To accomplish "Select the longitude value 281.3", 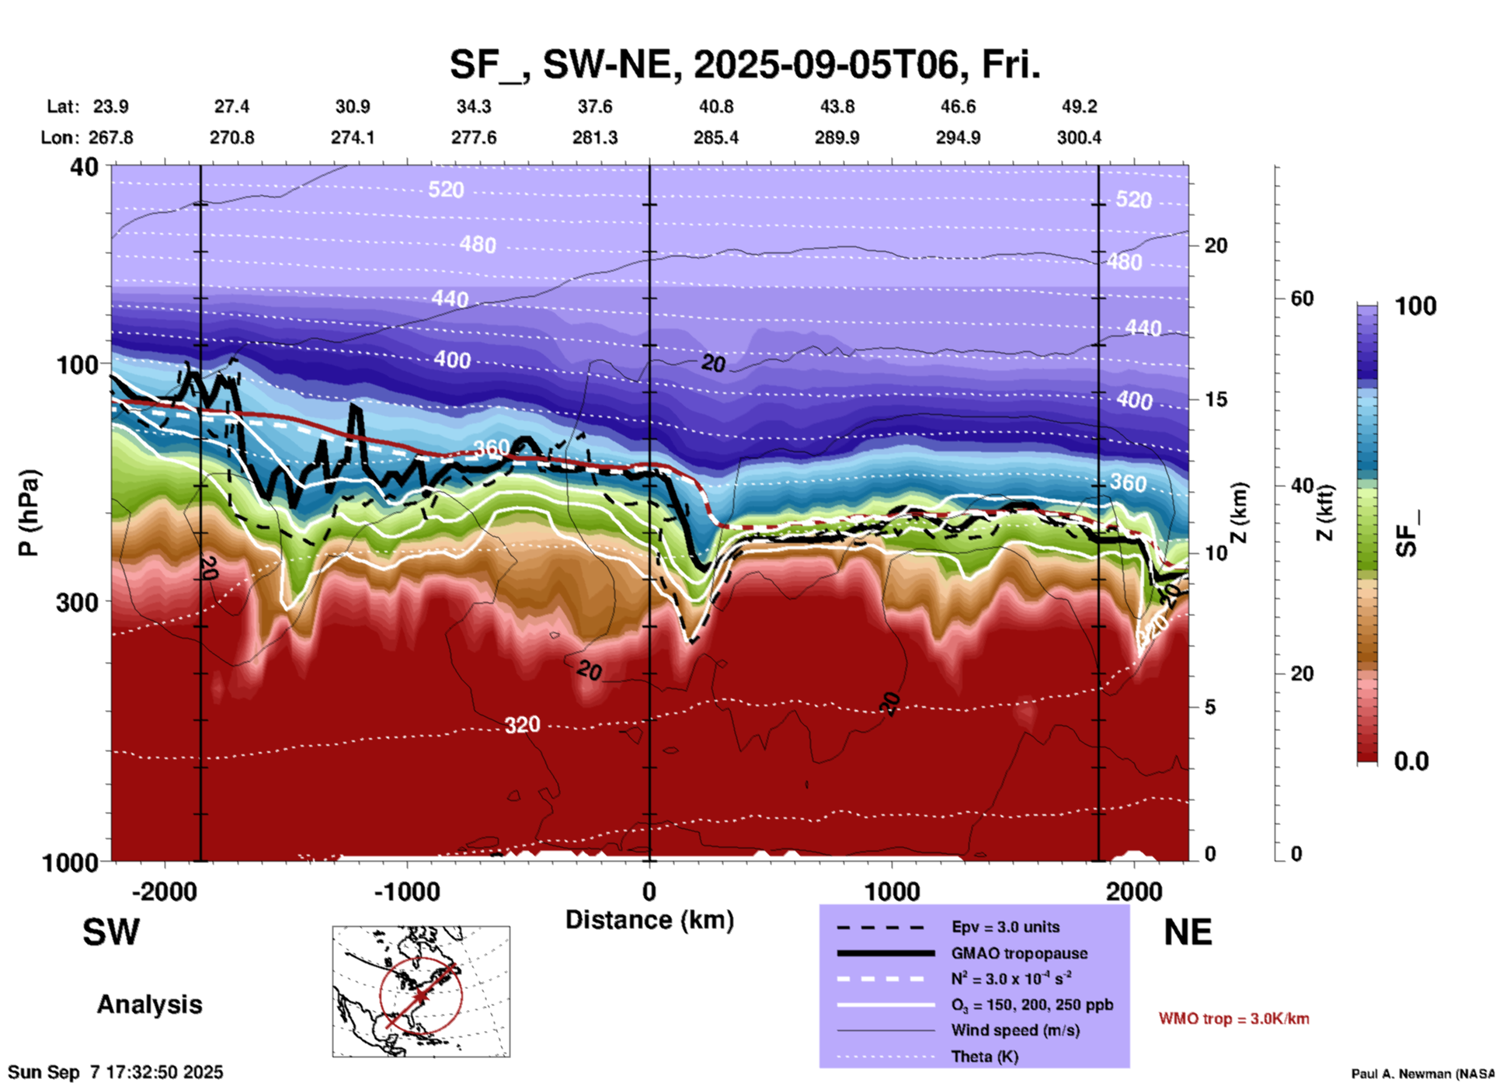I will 595,138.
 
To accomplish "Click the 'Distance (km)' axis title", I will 649,920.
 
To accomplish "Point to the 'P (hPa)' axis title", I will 28,513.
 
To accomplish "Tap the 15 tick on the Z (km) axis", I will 1216,399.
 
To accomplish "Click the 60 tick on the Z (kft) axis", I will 1302,298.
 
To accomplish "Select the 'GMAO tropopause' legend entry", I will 1018,953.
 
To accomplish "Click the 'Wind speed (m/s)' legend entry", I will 1015,1030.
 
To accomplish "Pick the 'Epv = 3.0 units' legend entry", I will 1005,927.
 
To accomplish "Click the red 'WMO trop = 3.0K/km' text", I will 1233,1019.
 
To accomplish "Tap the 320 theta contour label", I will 522,725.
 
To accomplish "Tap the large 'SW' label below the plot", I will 111,932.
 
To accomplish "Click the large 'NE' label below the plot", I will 1188,932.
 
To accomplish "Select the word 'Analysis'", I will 149,1005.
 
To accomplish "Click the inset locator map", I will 421,991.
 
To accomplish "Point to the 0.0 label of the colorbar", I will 1411,761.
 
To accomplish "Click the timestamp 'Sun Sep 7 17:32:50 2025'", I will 116,1072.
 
